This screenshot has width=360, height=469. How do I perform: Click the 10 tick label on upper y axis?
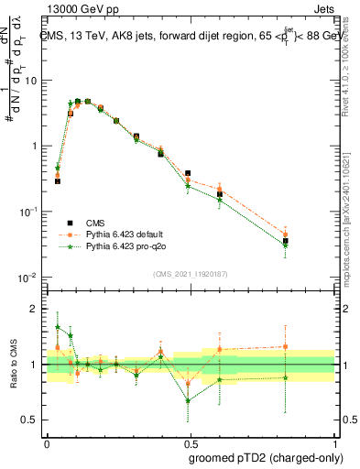point(31,81)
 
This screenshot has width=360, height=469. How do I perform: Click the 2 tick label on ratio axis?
point(34,309)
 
